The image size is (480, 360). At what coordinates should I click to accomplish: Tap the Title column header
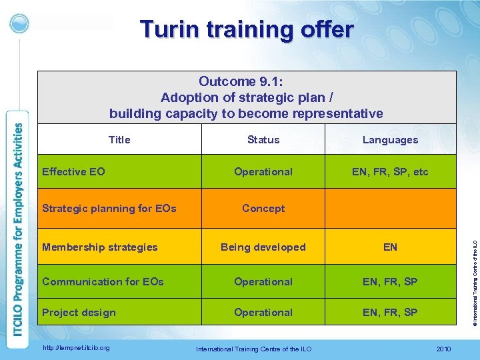[x=119, y=139]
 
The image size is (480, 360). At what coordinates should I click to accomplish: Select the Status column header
[x=263, y=139]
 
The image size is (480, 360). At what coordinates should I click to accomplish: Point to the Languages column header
[x=390, y=139]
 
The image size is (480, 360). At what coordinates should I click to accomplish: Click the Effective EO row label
[x=73, y=171]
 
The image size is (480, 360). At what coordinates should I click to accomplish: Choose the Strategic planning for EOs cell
[x=109, y=208]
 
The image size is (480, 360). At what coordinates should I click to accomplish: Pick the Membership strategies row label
[x=100, y=247]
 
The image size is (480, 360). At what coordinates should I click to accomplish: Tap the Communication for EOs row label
[x=103, y=281]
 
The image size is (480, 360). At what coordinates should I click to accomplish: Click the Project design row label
[x=79, y=312]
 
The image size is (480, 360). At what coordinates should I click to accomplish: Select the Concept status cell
[x=263, y=208]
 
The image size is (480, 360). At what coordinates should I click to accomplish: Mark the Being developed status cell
[x=263, y=247]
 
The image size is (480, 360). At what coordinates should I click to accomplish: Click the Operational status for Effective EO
[x=263, y=171]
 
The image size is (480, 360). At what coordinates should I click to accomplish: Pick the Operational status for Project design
[x=263, y=312]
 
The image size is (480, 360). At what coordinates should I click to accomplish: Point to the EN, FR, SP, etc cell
[x=390, y=171]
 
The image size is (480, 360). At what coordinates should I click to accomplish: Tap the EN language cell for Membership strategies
[x=390, y=247]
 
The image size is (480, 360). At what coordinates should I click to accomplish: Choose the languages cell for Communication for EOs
[x=390, y=281]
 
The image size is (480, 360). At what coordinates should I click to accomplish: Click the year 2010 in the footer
[x=443, y=349]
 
